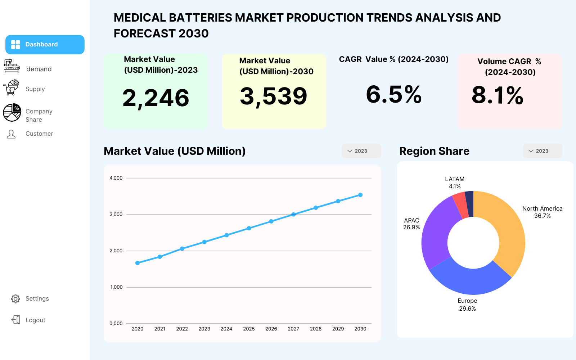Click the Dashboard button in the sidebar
(x=45, y=45)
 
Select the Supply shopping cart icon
(x=11, y=88)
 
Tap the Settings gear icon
(x=15, y=299)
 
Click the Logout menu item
(x=35, y=320)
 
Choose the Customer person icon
(x=11, y=134)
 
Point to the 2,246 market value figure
(x=156, y=98)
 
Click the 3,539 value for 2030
(x=274, y=96)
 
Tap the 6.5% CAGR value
(x=393, y=95)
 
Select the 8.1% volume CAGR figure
(x=498, y=95)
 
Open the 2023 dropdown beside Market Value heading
(x=361, y=151)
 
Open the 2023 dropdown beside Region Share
(x=542, y=151)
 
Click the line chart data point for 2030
(x=360, y=195)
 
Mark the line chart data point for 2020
(x=138, y=263)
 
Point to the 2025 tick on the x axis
(x=249, y=329)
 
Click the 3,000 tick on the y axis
(x=116, y=215)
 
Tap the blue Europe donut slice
(x=470, y=281)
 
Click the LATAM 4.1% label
(x=455, y=183)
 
